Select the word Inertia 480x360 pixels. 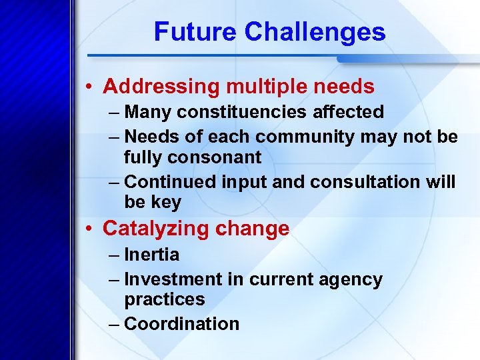152,255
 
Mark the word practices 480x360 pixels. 164,300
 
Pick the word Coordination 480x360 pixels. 181,324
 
